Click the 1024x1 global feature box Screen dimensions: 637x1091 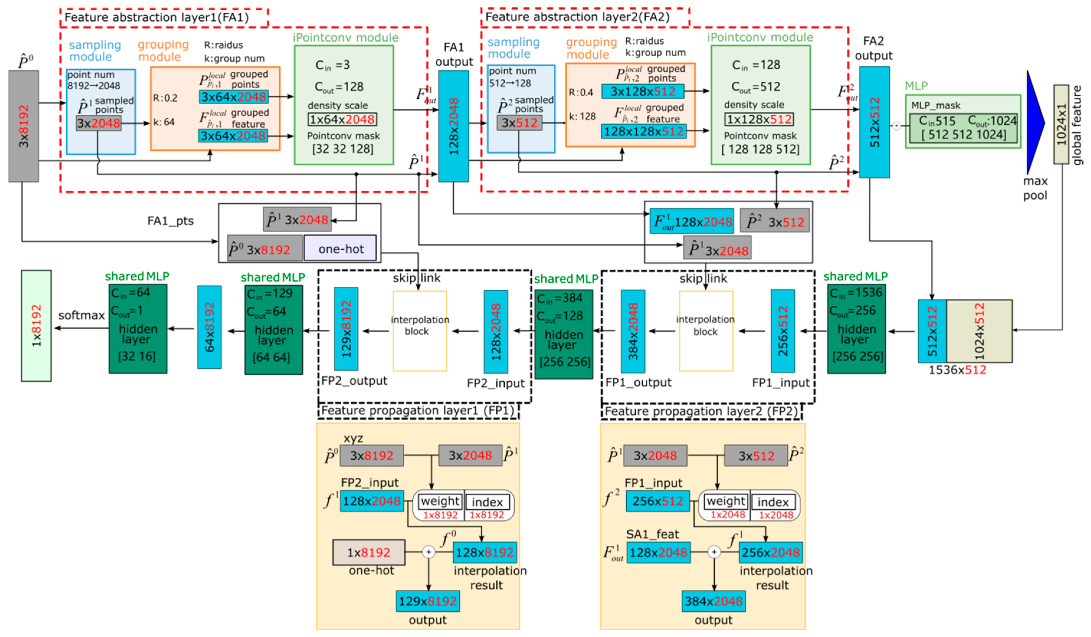1061,124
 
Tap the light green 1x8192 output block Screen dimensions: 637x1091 36,326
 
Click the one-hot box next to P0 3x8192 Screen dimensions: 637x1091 340,249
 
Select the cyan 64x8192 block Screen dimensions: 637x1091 209,327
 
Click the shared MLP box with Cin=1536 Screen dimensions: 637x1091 856,329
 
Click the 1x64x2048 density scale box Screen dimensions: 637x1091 342,119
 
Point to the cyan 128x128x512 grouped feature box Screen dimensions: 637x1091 643,131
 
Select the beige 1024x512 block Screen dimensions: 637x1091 979,331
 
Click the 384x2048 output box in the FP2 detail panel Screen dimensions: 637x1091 713,601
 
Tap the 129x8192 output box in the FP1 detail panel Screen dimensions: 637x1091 427,601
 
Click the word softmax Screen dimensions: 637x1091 81,315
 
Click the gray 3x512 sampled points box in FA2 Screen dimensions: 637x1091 519,123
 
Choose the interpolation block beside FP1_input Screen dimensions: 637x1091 706,331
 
